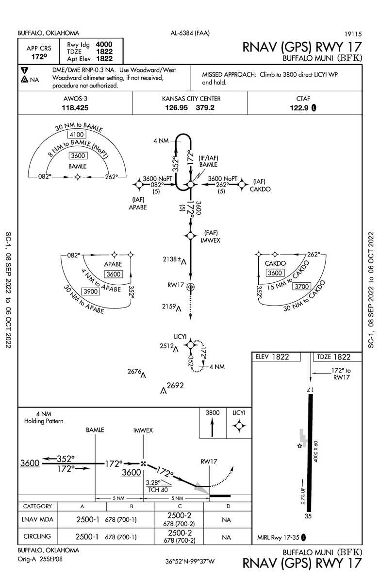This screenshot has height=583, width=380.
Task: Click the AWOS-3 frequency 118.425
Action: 75,108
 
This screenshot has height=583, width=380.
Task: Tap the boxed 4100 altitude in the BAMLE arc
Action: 78,135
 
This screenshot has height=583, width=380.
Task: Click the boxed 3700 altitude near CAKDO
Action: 302,287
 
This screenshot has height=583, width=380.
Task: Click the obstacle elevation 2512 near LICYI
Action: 166,345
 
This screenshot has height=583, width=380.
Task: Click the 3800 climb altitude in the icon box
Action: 213,412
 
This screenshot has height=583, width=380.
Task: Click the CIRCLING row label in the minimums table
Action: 37,536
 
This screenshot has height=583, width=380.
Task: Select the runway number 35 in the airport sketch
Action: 307,516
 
